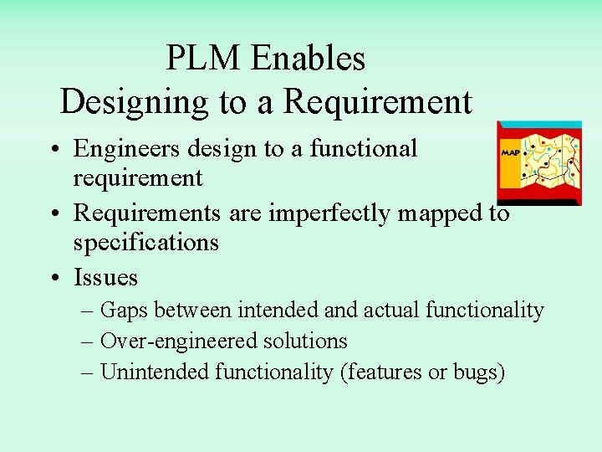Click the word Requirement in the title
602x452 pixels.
[x=378, y=102]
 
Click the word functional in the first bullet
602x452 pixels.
[x=364, y=148]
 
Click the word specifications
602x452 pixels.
[x=145, y=243]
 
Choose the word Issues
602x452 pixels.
[x=105, y=277]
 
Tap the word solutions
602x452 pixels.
[x=307, y=341]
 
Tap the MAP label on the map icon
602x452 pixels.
[x=510, y=153]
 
